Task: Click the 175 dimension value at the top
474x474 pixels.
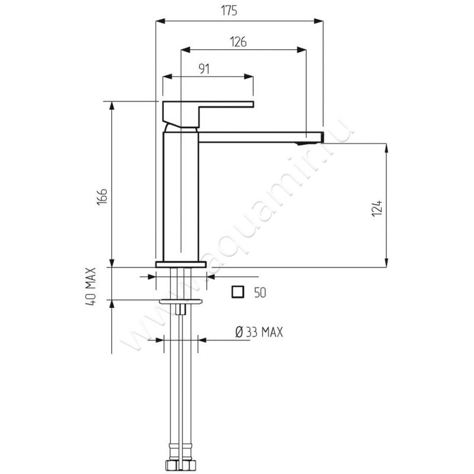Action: (x=229, y=11)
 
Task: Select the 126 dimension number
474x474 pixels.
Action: (x=238, y=41)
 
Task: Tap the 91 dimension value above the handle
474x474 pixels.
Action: (x=204, y=69)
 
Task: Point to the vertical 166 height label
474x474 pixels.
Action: (x=102, y=197)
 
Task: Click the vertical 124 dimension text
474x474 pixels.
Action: (x=377, y=208)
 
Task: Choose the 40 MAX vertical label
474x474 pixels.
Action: (x=91, y=286)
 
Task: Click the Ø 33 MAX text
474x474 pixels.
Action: (x=259, y=332)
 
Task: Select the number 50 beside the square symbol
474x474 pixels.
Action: (x=260, y=293)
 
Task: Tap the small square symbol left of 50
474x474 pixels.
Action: (x=238, y=292)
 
